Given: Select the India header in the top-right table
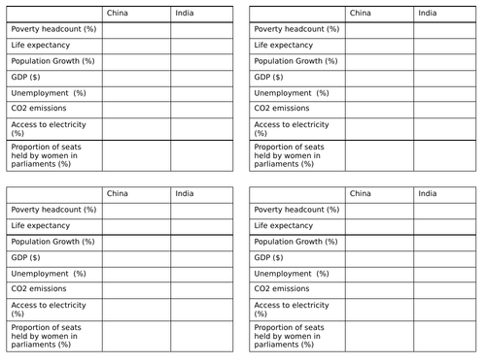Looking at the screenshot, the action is (428, 14).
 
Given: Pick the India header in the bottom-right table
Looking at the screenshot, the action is (428, 193).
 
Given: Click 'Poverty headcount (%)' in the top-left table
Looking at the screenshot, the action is (53, 29).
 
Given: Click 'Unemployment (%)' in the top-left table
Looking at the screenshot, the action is (49, 92).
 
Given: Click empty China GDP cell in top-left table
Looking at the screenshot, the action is (136, 77).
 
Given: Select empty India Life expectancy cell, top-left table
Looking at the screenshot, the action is (202, 45).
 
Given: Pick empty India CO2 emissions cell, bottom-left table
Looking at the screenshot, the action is (202, 288).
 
